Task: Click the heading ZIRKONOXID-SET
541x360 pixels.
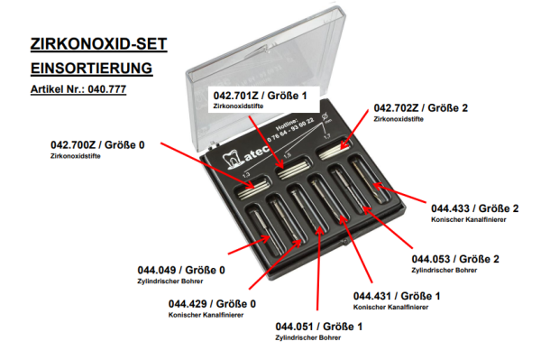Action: [x=98, y=44]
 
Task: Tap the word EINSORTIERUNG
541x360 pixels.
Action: [x=91, y=69]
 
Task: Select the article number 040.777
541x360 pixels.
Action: [x=107, y=89]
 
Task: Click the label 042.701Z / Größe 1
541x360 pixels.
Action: [x=261, y=96]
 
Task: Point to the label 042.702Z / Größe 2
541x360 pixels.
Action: [x=421, y=108]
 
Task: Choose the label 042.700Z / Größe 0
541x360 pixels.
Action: [x=97, y=145]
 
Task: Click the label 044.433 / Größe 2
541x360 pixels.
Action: [x=475, y=208]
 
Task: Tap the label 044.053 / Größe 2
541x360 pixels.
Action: [x=455, y=259]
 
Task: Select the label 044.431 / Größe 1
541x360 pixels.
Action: [x=397, y=296]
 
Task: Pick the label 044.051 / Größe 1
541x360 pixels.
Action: [x=319, y=327]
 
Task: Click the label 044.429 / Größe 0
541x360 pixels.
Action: [x=212, y=304]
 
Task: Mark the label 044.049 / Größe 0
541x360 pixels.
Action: [x=181, y=270]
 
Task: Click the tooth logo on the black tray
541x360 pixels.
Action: [x=232, y=161]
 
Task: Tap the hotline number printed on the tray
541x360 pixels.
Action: [x=290, y=129]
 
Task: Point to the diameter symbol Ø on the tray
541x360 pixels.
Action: [x=325, y=116]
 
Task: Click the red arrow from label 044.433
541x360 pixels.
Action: [x=399, y=193]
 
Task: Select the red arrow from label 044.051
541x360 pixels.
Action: [x=318, y=268]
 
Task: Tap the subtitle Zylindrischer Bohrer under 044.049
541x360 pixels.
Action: [x=170, y=281]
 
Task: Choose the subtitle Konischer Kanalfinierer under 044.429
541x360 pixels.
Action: [x=206, y=315]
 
